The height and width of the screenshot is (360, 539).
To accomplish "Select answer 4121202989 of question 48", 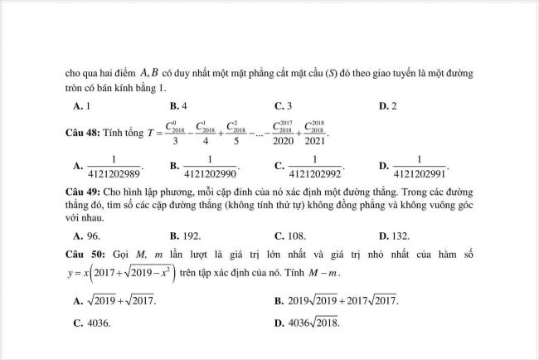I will click(x=114, y=167).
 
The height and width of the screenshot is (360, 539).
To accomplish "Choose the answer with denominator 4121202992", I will click(x=316, y=167).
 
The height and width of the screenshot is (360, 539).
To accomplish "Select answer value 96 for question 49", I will click(x=94, y=235).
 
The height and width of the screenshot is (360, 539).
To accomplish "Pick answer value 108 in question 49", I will click(x=302, y=235).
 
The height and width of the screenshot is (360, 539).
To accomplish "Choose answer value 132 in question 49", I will click(x=405, y=235).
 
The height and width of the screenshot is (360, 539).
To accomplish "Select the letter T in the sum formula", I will click(x=150, y=132).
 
